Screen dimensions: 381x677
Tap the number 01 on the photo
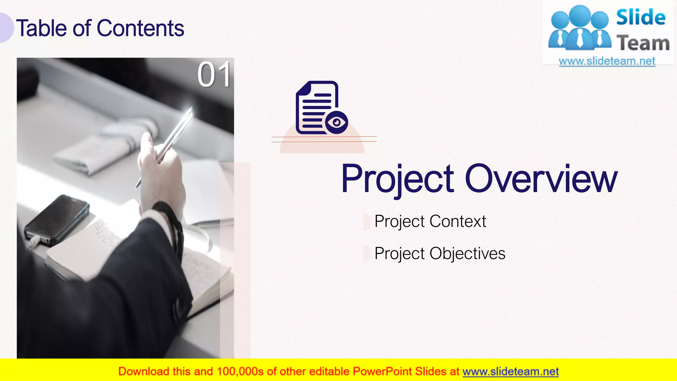pos(214,75)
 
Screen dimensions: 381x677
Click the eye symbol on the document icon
pos(337,123)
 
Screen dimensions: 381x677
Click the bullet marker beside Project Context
pos(366,222)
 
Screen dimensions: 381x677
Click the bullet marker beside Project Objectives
pos(366,254)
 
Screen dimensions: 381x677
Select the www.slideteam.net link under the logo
pos(607,61)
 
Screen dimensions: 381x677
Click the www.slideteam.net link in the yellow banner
pos(510,372)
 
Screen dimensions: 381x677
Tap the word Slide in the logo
pos(641,18)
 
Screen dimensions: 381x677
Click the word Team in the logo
pos(643,43)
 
